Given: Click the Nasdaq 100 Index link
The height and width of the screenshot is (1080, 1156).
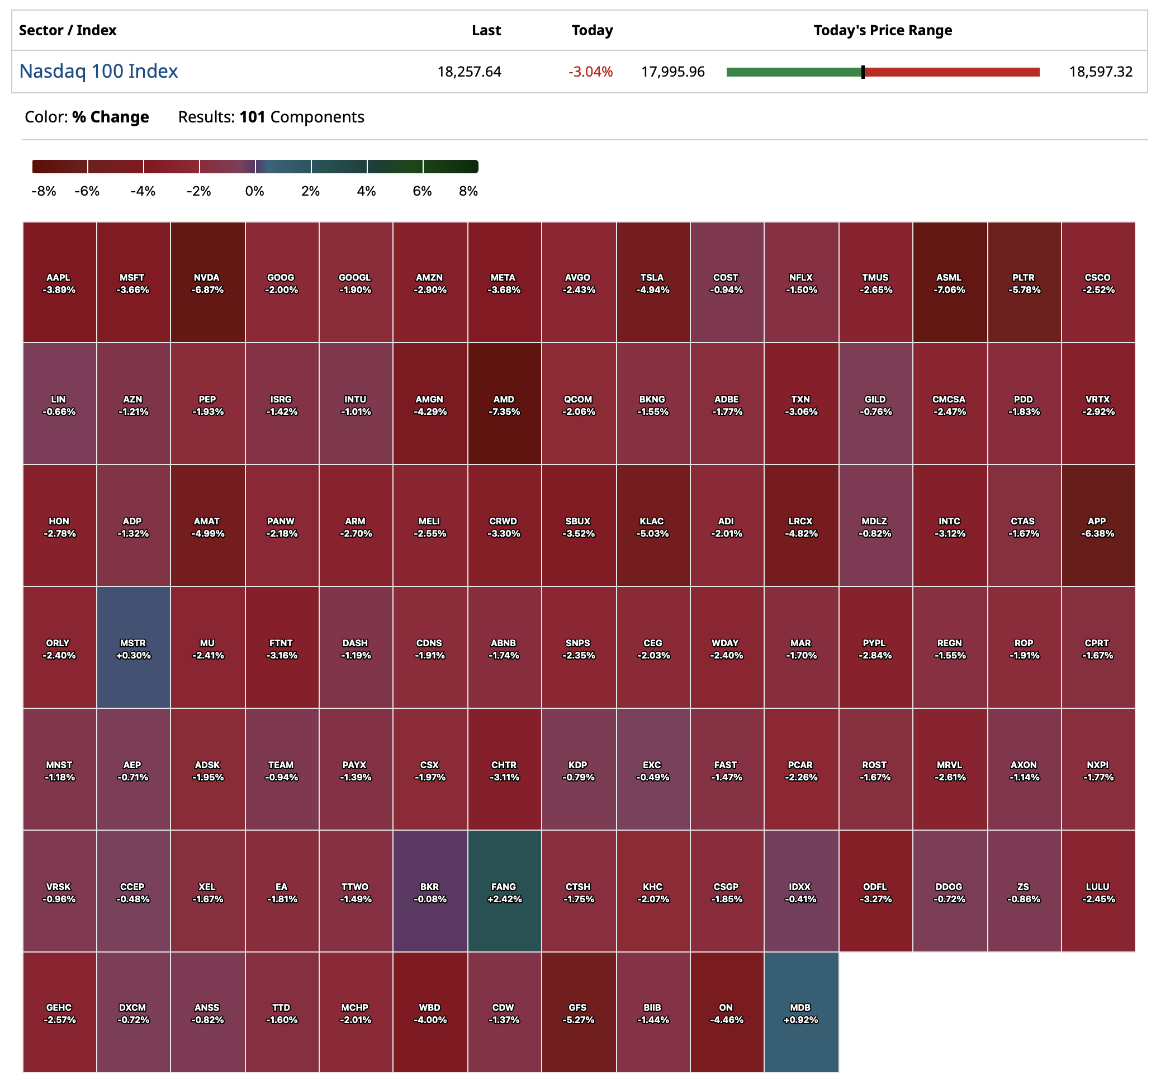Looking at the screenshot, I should click(x=98, y=71).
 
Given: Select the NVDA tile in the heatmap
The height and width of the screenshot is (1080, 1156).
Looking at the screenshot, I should click(x=207, y=283).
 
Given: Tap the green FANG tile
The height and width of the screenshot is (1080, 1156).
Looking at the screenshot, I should click(x=504, y=892).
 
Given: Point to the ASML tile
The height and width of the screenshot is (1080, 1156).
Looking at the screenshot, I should click(x=949, y=283).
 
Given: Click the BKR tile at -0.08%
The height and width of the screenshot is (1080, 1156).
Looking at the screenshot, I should click(x=430, y=892).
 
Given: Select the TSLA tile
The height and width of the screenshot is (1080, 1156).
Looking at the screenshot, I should click(x=652, y=283).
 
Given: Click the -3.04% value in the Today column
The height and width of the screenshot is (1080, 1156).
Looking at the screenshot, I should click(x=590, y=72).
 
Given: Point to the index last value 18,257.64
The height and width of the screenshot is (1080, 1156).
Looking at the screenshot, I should click(x=468, y=72).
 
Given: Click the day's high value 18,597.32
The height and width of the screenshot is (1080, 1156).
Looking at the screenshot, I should click(x=1100, y=72).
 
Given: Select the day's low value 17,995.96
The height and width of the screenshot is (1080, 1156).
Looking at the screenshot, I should click(x=673, y=72).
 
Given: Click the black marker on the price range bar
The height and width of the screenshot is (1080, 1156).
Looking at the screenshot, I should click(x=863, y=72).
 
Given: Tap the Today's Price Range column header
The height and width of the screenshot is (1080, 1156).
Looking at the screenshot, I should click(x=882, y=30).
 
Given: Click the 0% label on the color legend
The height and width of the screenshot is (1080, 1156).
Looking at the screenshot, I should click(x=254, y=191).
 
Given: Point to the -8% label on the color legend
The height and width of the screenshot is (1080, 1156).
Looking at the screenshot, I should click(x=44, y=191).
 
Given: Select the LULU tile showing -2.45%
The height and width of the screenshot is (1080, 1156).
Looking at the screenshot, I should click(x=1097, y=892).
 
